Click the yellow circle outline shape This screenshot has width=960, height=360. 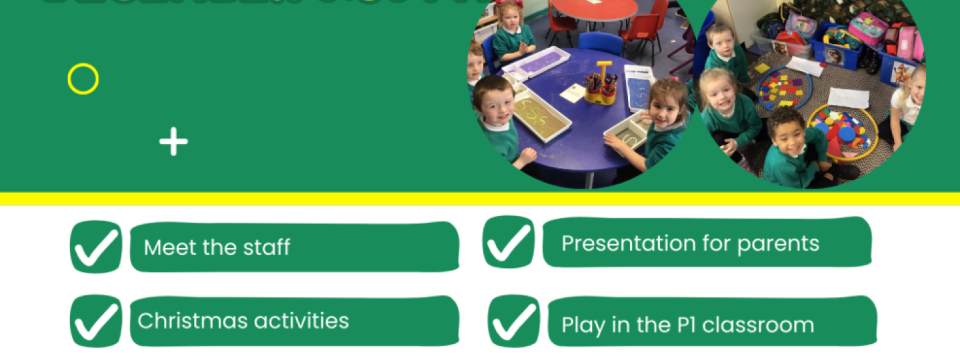point(83,79)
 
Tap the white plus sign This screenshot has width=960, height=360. point(173,142)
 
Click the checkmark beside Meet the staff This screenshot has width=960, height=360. point(96,247)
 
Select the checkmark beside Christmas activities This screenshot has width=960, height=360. point(96,321)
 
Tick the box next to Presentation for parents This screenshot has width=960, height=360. point(509,242)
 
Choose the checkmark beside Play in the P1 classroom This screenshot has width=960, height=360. point(514,322)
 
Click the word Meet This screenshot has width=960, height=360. point(162,247)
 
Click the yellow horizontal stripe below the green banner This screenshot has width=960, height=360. point(480,199)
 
